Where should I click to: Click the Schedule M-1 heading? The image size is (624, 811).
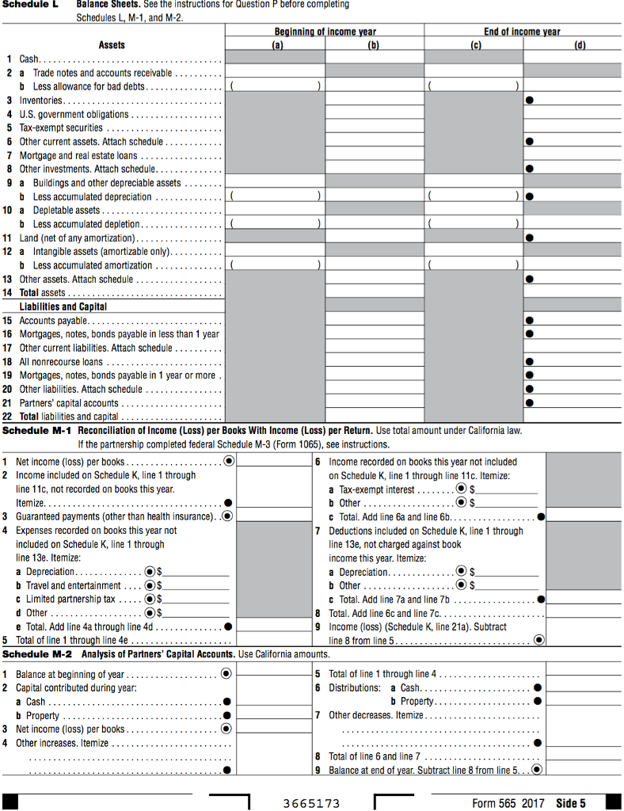tap(37, 430)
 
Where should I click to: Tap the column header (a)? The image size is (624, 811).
tap(276, 45)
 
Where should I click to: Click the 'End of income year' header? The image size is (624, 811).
tap(522, 32)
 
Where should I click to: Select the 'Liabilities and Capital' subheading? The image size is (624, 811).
tap(63, 307)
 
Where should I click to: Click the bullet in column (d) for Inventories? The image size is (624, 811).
tap(529, 101)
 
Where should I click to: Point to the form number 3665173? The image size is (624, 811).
tap(311, 803)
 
